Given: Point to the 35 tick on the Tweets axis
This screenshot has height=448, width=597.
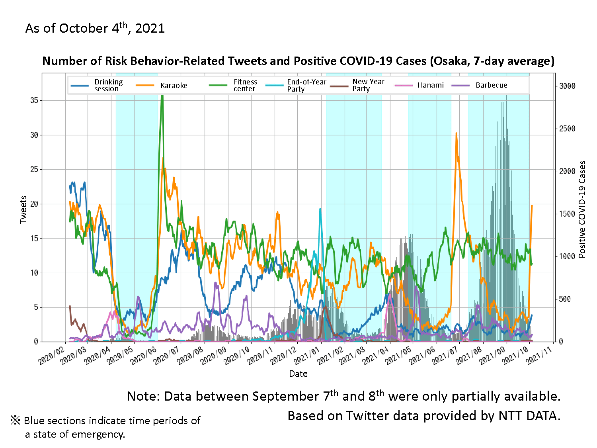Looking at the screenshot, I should pyautogui.click(x=34, y=100).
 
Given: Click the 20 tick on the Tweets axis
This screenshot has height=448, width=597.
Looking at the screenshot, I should pyautogui.click(x=34, y=204).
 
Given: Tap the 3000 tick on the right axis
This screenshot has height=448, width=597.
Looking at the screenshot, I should pyautogui.click(x=567, y=86).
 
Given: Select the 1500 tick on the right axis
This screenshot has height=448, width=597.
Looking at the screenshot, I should pyautogui.click(x=567, y=214).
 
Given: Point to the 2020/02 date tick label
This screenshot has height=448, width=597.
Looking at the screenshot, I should pyautogui.click(x=51, y=356).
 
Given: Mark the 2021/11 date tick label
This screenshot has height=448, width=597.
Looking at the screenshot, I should pyautogui.click(x=538, y=356).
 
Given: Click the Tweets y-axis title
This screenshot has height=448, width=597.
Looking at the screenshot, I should pyautogui.click(x=23, y=209).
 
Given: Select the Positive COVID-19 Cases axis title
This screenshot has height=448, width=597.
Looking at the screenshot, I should pyautogui.click(x=582, y=209).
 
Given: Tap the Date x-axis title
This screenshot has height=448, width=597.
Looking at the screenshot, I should pyautogui.click(x=298, y=374).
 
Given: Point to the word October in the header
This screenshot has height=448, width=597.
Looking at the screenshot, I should pyautogui.click(x=84, y=29).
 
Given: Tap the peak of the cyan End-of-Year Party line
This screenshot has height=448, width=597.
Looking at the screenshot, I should pyautogui.click(x=320, y=209).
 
